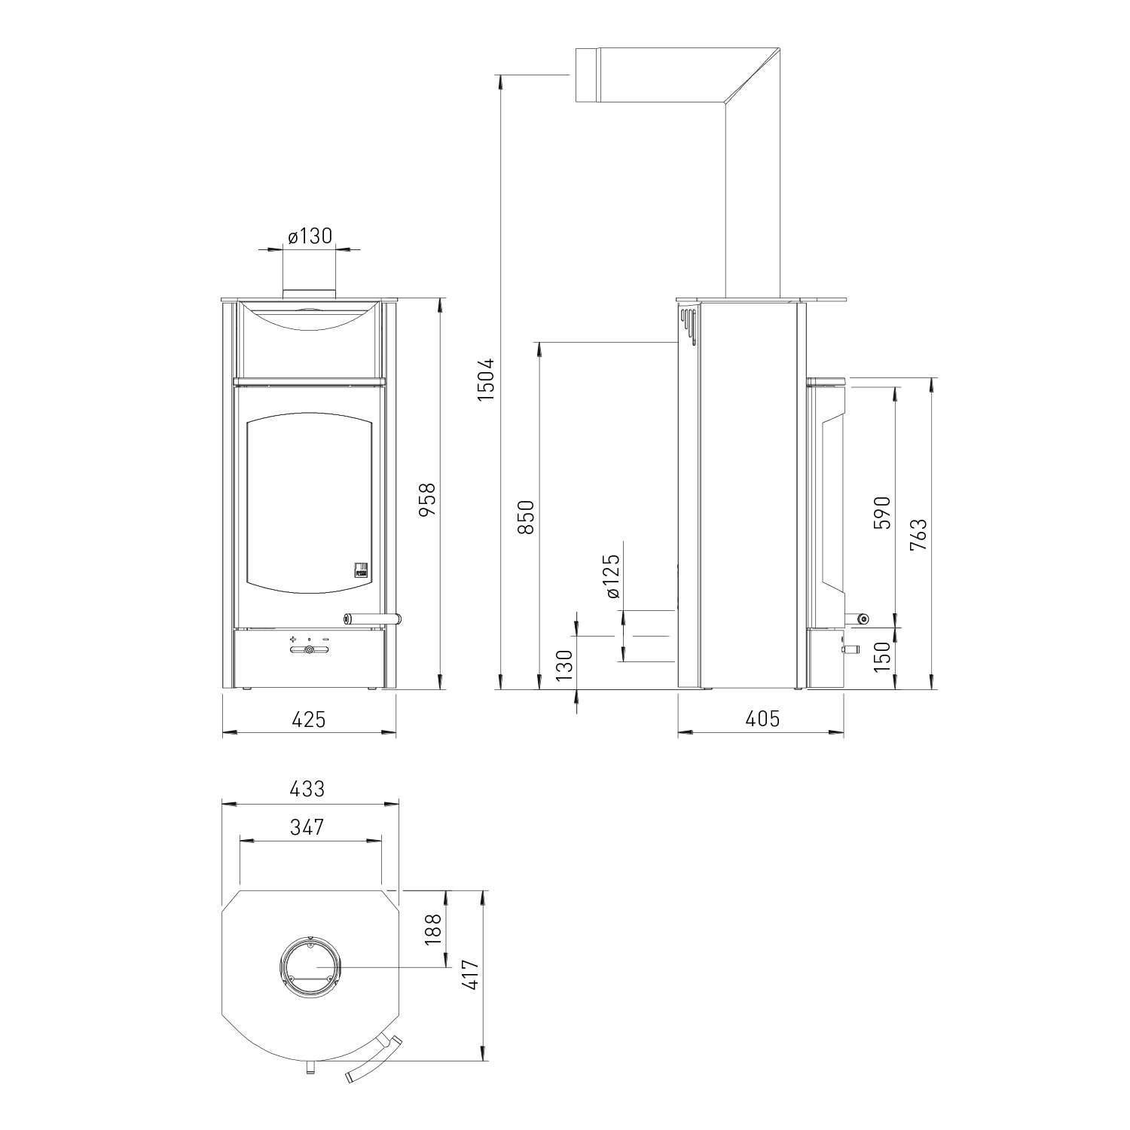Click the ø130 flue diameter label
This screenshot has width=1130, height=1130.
click(x=310, y=237)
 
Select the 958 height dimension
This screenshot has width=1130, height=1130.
click(x=427, y=499)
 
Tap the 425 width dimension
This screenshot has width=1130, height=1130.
click(x=309, y=719)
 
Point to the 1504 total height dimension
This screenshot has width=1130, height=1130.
click(x=487, y=378)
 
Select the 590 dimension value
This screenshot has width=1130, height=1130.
click(x=882, y=512)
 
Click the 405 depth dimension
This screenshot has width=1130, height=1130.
click(x=762, y=719)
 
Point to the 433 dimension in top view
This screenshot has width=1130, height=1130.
click(x=307, y=789)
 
